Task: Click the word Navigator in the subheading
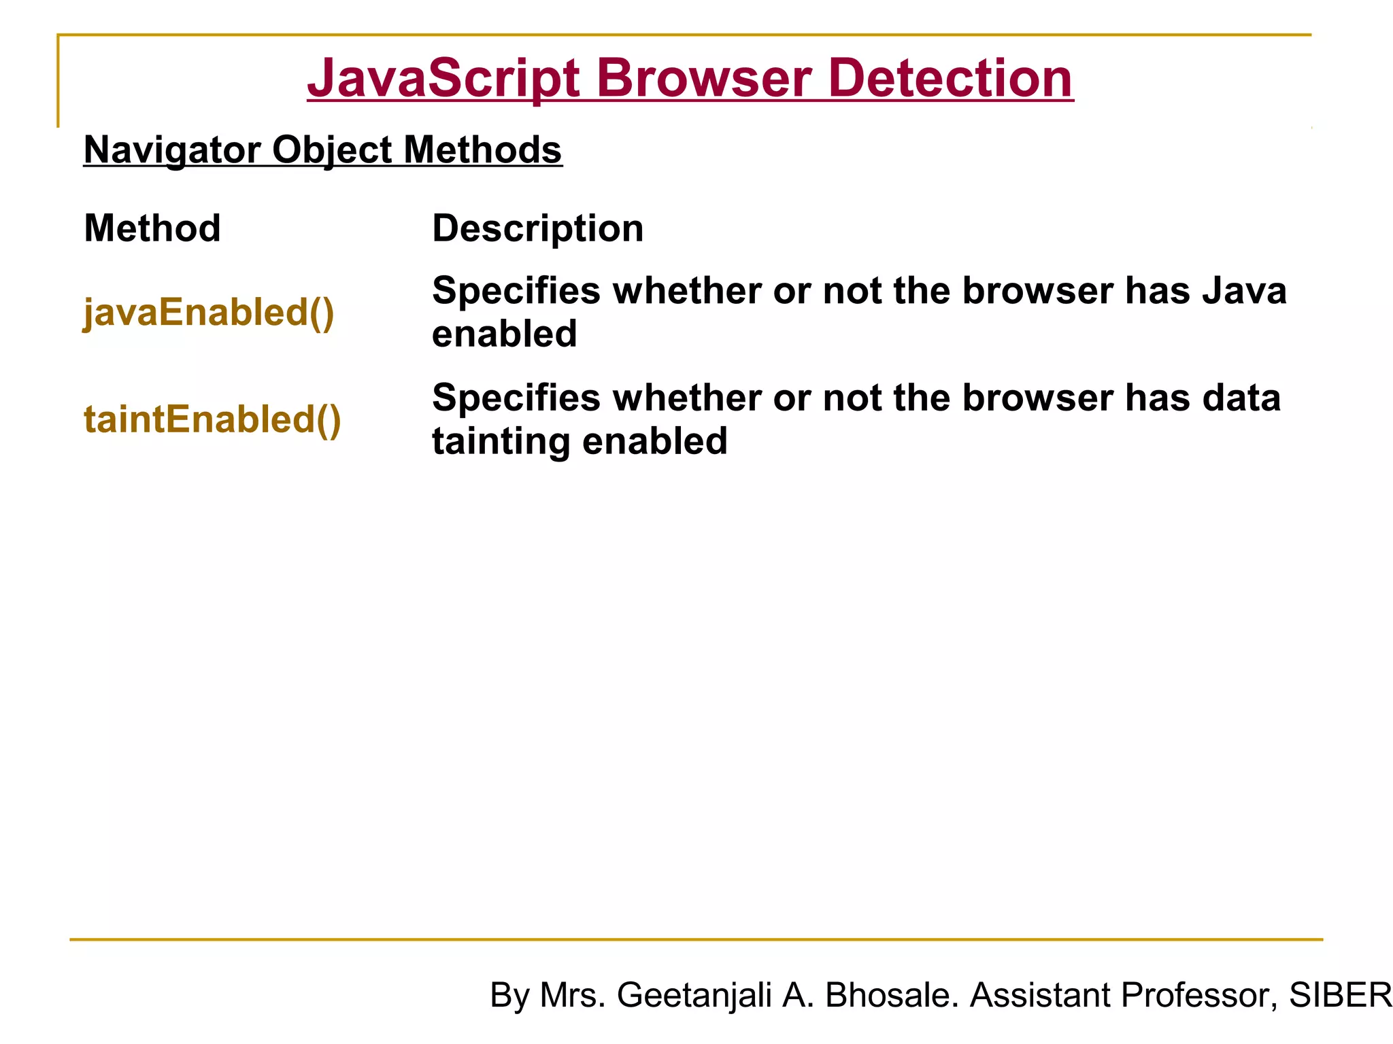(171, 150)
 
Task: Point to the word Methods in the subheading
(482, 150)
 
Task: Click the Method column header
(152, 228)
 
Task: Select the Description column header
(537, 228)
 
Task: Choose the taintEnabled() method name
(212, 419)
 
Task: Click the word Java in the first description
(1244, 291)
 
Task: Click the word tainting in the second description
(501, 441)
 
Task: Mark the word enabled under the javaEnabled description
(504, 334)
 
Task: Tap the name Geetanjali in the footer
(694, 995)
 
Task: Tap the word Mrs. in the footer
(572, 995)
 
